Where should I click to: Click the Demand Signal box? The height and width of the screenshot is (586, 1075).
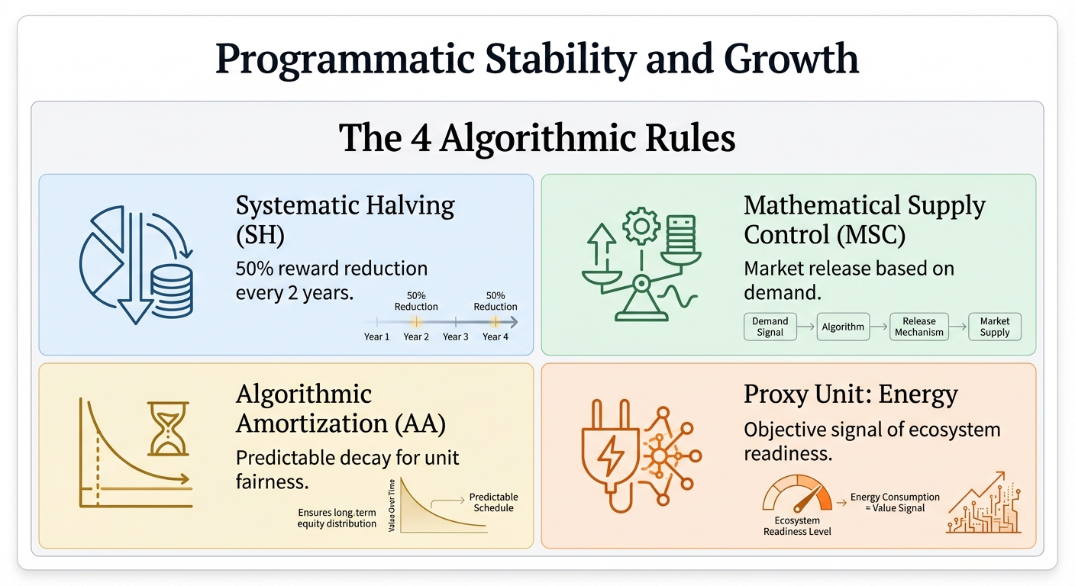pyautogui.click(x=770, y=327)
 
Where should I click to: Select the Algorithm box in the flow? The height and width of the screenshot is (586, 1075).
pyautogui.click(x=843, y=327)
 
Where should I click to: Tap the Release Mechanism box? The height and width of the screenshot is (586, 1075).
pyautogui.click(x=919, y=327)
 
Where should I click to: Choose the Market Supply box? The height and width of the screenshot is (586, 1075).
pyautogui.click(x=994, y=327)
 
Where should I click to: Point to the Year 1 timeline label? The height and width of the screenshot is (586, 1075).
pyautogui.click(x=376, y=336)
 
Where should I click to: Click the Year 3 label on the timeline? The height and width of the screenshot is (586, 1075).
pyautogui.click(x=456, y=336)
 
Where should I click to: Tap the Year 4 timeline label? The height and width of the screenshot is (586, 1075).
pyautogui.click(x=496, y=336)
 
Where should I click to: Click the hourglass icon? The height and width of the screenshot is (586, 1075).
pyautogui.click(x=168, y=429)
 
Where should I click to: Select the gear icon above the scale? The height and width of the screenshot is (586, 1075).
pyautogui.click(x=641, y=226)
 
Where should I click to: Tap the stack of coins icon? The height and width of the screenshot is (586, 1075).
pyautogui.click(x=172, y=291)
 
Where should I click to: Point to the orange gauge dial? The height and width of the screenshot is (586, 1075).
pyautogui.click(x=797, y=493)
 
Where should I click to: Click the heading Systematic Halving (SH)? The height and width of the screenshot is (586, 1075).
pyautogui.click(x=345, y=220)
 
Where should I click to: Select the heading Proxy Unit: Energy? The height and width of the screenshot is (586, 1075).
pyautogui.click(x=851, y=394)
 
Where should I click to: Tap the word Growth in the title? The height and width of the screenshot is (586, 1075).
pyautogui.click(x=791, y=59)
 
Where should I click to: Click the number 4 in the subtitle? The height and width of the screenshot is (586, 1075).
pyautogui.click(x=421, y=138)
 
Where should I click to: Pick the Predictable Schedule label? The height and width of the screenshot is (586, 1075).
pyautogui.click(x=493, y=502)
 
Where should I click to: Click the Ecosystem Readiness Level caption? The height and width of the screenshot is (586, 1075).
pyautogui.click(x=797, y=526)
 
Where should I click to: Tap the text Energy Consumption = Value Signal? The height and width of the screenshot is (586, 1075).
pyautogui.click(x=895, y=503)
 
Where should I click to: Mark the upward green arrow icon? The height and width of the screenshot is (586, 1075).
pyautogui.click(x=602, y=245)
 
